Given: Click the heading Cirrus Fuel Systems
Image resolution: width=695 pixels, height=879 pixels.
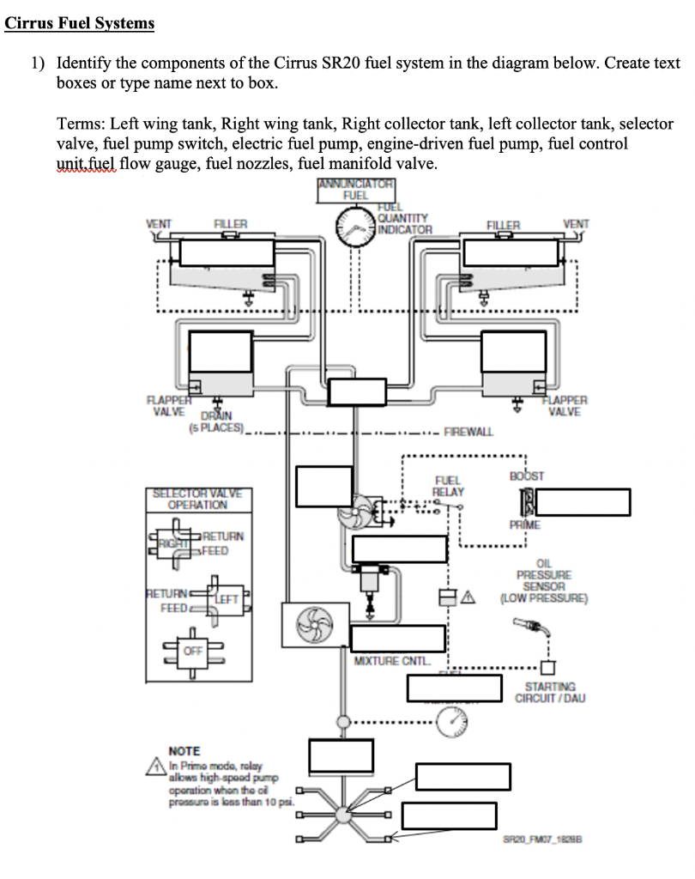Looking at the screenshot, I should (80, 23).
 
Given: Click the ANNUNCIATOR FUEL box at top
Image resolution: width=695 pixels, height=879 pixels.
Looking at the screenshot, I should (355, 190).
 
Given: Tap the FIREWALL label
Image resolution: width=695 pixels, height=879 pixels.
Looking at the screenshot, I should (468, 431).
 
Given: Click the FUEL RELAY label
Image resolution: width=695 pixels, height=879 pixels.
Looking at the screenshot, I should (449, 486).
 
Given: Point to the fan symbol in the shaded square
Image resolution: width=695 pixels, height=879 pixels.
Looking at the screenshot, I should (314, 624).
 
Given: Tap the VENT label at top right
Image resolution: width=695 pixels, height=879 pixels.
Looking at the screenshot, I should (576, 224).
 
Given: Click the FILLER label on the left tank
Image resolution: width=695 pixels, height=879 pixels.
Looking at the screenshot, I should (229, 224).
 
